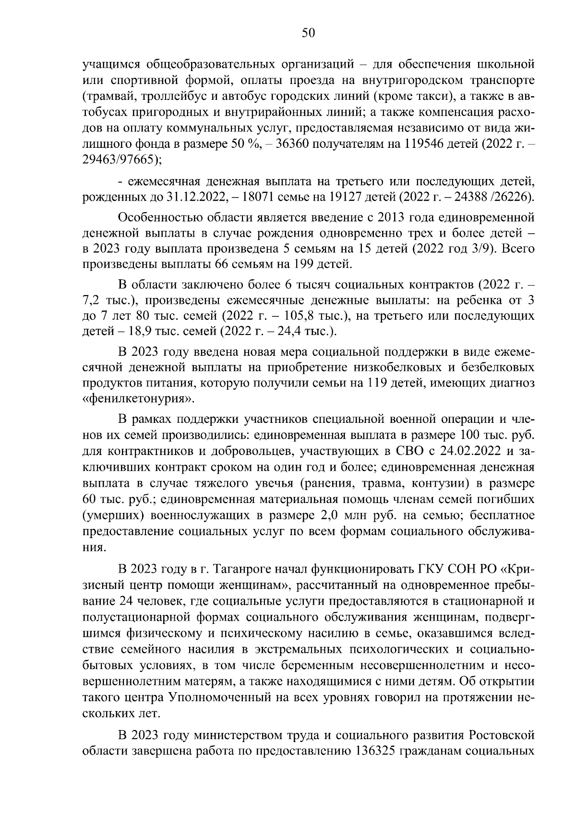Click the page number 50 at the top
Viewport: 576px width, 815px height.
click(x=308, y=32)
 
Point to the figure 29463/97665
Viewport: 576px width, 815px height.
click(x=119, y=161)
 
